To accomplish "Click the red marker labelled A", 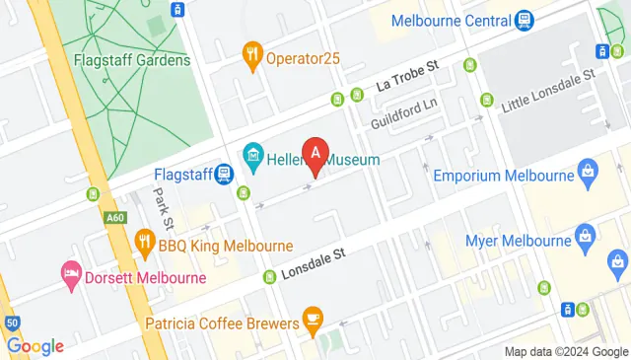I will pyautogui.click(x=315, y=154).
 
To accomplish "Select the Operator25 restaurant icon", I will pyautogui.click(x=252, y=56).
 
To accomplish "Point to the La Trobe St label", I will pyautogui.click(x=408, y=74).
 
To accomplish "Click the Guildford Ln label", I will pyautogui.click(x=402, y=114).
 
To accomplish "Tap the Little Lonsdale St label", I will pyautogui.click(x=548, y=89).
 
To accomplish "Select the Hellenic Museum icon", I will pyautogui.click(x=252, y=154).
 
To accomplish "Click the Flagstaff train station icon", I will pyautogui.click(x=224, y=175).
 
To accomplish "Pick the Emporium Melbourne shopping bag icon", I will pyautogui.click(x=589, y=176).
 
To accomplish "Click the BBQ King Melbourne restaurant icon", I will pyautogui.click(x=145, y=242).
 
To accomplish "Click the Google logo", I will pyautogui.click(x=35, y=346).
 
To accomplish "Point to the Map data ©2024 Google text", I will pyautogui.click(x=565, y=352).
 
